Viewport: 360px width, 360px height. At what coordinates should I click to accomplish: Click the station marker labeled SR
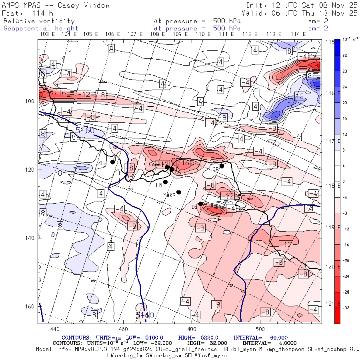click(x=113, y=162)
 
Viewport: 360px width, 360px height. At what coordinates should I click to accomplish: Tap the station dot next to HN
click(x=165, y=182)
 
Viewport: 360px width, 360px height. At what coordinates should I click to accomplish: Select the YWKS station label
click(x=170, y=195)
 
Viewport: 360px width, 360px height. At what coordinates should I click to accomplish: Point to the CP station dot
click(x=222, y=166)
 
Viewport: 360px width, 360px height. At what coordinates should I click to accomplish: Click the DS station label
click(x=194, y=207)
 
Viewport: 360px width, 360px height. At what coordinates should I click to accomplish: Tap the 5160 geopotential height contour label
click(x=85, y=130)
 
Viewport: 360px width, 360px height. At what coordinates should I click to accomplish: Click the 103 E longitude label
click(x=47, y=34)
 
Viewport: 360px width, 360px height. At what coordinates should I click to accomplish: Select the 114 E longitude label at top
click(x=298, y=34)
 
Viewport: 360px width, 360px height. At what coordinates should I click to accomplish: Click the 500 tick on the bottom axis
click(x=260, y=329)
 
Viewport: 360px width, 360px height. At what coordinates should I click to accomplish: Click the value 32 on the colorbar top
click(x=344, y=56)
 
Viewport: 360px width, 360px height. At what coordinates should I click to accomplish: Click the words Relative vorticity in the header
click(x=39, y=21)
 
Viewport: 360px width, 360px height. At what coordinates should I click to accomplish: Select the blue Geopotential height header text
click(x=41, y=28)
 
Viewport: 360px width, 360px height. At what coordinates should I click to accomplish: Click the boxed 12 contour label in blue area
click(x=300, y=96)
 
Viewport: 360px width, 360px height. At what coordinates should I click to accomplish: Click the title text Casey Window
click(x=84, y=5)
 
